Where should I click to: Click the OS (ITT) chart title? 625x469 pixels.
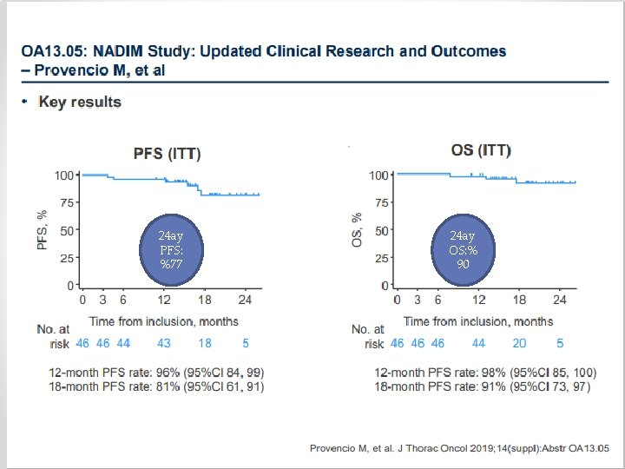pyautogui.click(x=476, y=150)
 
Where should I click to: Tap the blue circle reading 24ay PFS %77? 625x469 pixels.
pyautogui.click(x=170, y=249)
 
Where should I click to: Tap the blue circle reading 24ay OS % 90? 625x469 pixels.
pyautogui.click(x=463, y=249)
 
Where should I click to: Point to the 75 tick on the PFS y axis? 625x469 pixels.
pyautogui.click(x=65, y=203)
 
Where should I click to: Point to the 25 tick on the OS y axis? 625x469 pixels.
pyautogui.click(x=379, y=258)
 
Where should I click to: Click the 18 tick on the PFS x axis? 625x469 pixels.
pyautogui.click(x=205, y=301)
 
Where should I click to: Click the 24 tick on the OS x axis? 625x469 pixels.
pyautogui.click(x=560, y=300)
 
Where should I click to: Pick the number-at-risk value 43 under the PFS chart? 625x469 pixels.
pyautogui.click(x=164, y=343)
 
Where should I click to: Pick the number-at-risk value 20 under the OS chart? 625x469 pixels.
pyautogui.click(x=519, y=343)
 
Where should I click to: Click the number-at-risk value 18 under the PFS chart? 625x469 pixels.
pyautogui.click(x=205, y=343)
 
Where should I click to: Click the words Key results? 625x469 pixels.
pyautogui.click(x=80, y=102)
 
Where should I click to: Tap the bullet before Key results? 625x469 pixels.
pyautogui.click(x=26, y=102)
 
